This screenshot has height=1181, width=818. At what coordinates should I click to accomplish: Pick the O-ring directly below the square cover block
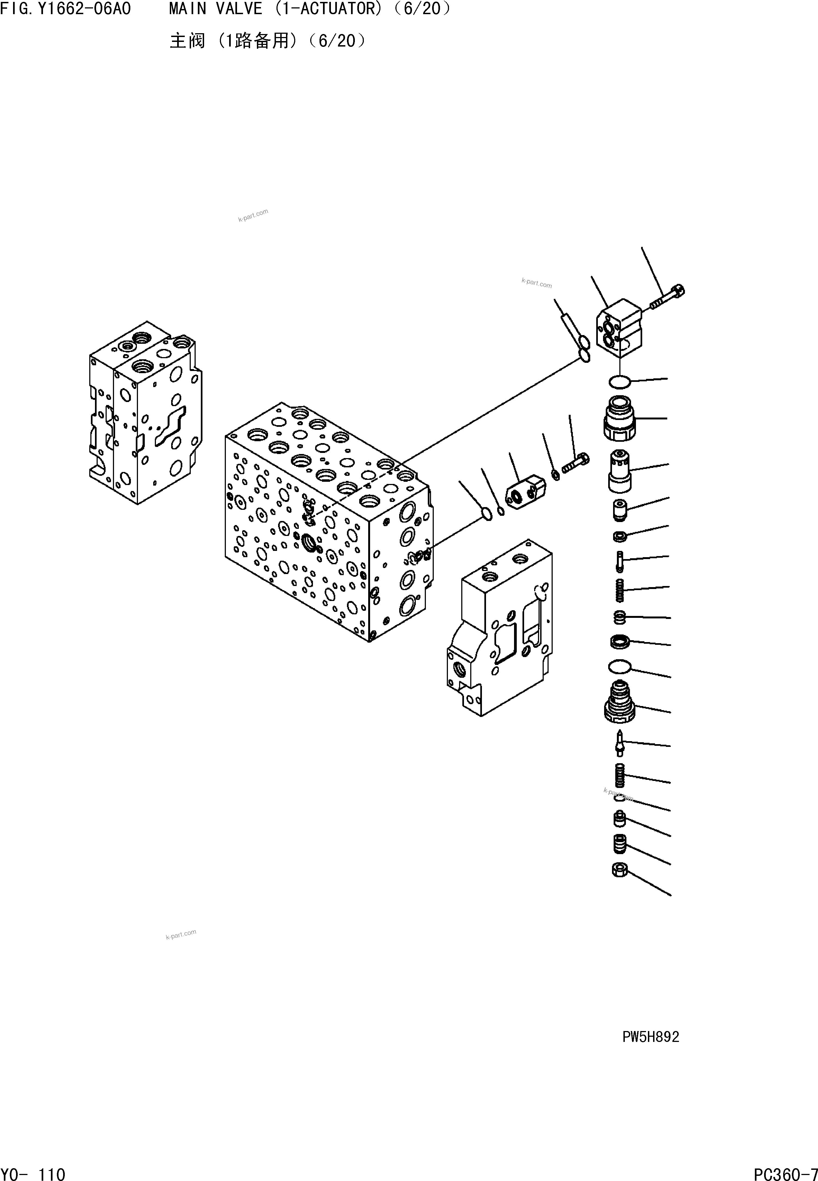[x=619, y=381]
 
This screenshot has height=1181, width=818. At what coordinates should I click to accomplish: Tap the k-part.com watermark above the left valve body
[x=253, y=215]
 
